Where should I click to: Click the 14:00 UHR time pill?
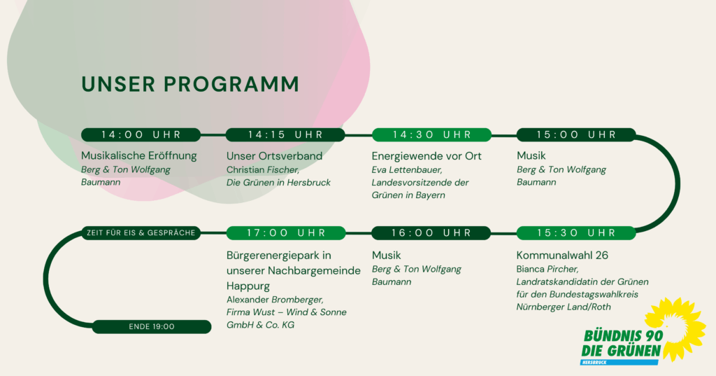point(141,135)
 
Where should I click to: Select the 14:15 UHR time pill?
point(285,135)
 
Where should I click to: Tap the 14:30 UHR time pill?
point(431,135)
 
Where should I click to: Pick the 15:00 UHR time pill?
point(576,135)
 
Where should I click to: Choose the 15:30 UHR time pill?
point(576,233)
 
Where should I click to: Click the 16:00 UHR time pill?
point(431,233)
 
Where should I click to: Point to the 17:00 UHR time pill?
point(286,233)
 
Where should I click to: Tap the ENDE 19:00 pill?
point(152,326)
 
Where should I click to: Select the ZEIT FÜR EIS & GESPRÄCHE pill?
point(141,233)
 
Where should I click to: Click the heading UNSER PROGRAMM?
point(190,85)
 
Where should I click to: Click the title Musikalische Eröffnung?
point(139,156)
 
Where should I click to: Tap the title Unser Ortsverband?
point(274,156)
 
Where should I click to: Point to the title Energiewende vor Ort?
point(427,156)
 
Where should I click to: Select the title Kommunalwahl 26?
point(562,256)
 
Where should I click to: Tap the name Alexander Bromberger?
point(275,300)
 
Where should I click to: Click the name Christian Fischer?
point(263,169)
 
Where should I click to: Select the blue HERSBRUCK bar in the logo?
point(620,362)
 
